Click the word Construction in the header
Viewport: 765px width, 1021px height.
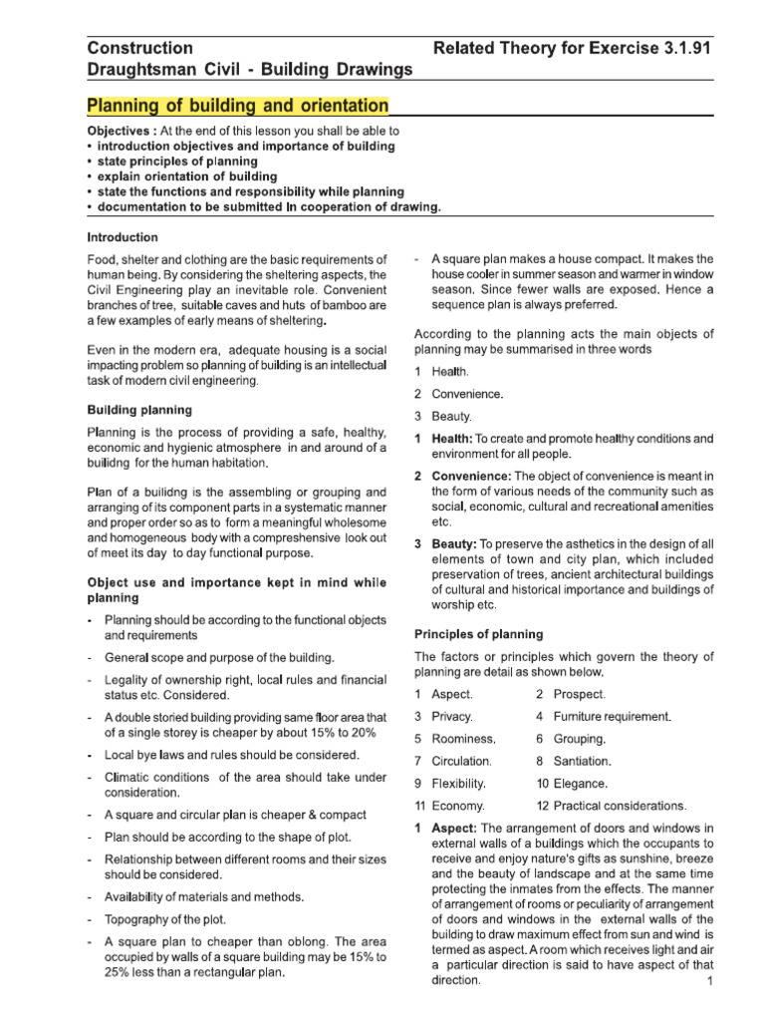(140, 48)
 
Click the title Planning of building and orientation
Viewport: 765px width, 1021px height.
(238, 106)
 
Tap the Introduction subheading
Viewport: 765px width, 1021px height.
(123, 237)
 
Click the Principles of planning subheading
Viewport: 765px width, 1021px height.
(478, 634)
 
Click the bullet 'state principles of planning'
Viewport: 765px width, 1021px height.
(177, 161)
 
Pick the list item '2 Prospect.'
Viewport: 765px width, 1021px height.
(570, 694)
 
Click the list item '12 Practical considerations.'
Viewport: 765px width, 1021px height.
(611, 806)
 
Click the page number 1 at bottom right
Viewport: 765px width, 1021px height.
(709, 981)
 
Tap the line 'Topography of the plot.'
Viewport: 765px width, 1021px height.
(165, 918)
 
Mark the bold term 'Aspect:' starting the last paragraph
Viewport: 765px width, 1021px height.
(454, 829)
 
